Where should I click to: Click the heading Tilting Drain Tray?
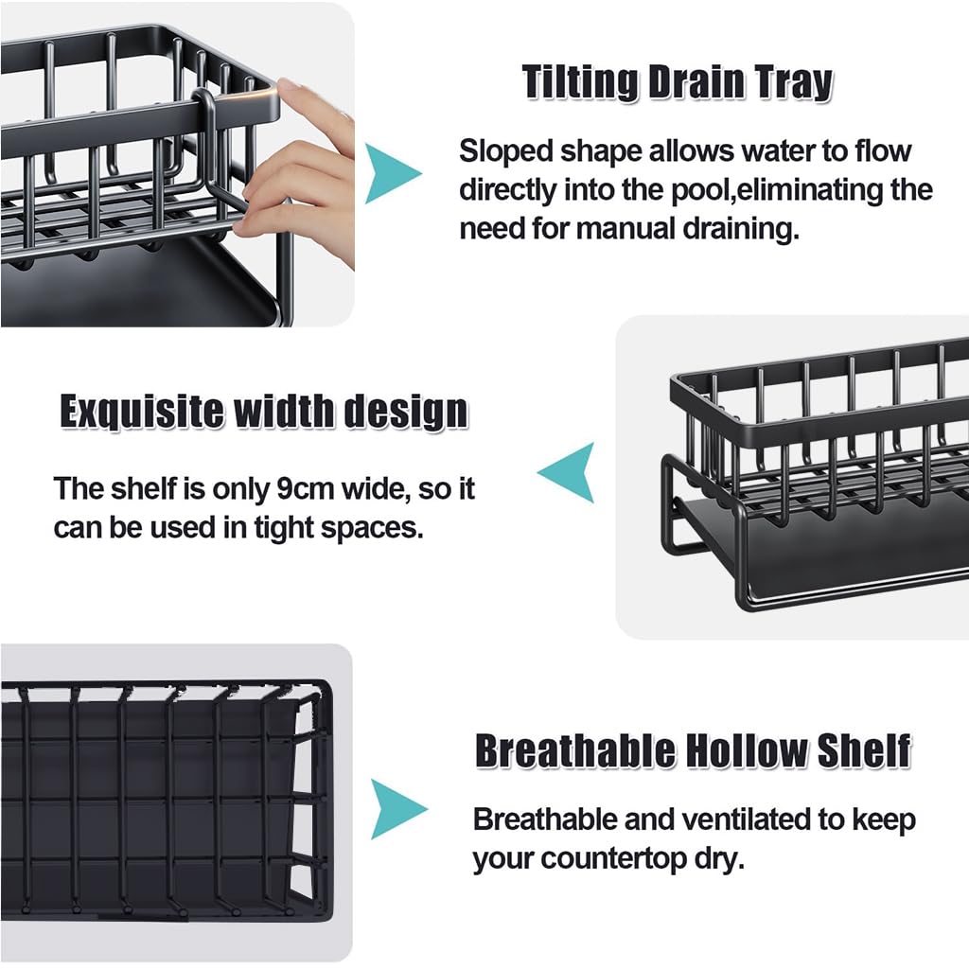tap(678, 83)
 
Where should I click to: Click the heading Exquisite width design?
tap(264, 413)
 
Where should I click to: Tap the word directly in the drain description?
tap(508, 189)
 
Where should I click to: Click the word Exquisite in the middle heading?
tap(142, 413)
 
